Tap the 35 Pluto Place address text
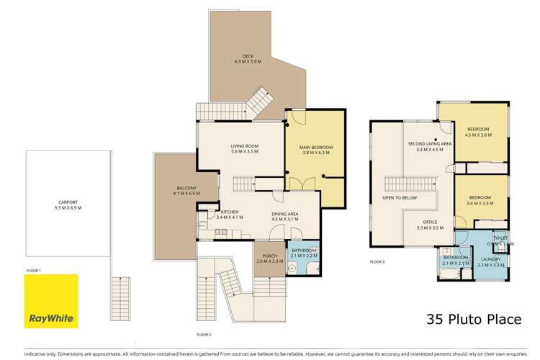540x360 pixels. [x=474, y=318]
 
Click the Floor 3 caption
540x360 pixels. [x=378, y=262]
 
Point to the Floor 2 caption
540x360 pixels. [x=204, y=335]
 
